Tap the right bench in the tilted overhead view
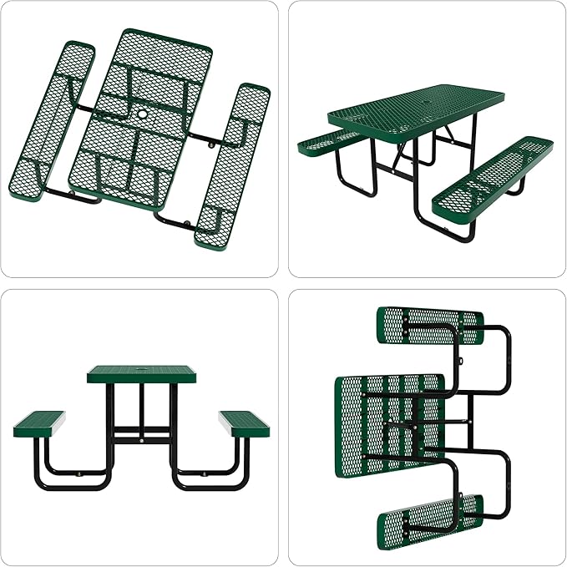(233, 163)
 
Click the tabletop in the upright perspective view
(416, 112)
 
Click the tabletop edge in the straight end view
(140, 375)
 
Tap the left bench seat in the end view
(39, 424)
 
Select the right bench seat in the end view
(244, 424)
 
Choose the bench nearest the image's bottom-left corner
(39, 424)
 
